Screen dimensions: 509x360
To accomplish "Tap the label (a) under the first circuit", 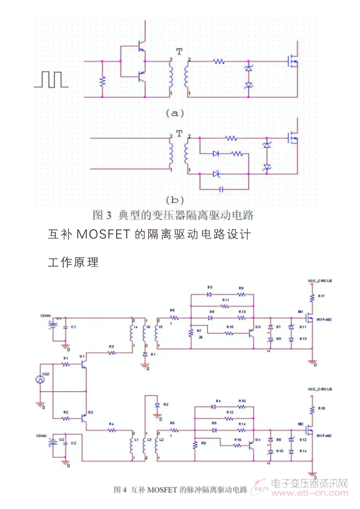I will [174, 113].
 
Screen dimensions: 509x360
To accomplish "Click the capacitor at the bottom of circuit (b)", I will [222, 189].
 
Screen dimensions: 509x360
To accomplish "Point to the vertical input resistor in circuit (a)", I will [102, 81].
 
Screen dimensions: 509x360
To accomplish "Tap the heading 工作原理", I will [73, 262].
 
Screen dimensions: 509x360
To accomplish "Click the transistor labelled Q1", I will [83, 364].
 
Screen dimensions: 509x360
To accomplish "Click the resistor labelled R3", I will [111, 352].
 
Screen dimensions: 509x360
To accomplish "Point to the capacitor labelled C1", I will [66, 327].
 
